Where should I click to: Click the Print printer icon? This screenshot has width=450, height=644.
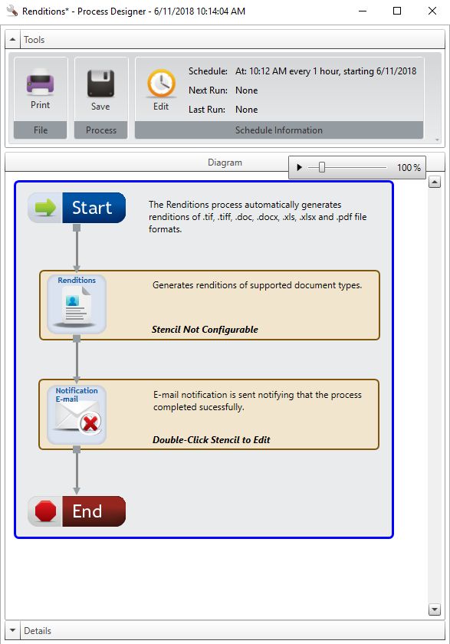pos(40,82)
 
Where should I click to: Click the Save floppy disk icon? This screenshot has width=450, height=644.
pos(100,84)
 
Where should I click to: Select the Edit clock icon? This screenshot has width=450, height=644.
pos(161,84)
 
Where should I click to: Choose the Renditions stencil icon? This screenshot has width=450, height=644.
pos(77,304)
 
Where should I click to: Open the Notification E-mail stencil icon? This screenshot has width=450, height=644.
pos(77,415)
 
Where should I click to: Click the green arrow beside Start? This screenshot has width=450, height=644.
pos(45,208)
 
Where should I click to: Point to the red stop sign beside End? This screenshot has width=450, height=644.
pos(45,511)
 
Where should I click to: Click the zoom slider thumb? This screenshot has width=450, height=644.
pos(322,167)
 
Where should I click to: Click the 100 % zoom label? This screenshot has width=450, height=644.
pos(409,168)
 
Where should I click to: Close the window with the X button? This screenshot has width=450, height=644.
pos(432,11)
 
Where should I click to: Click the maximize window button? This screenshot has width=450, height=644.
pos(397,11)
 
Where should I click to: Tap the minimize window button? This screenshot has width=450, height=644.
pos(362,11)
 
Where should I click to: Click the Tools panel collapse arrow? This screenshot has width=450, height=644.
pos(12,39)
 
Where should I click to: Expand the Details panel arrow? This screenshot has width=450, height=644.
pos(12,630)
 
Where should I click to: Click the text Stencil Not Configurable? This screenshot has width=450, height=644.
pos(205,330)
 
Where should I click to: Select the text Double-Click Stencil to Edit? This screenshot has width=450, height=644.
pos(212,440)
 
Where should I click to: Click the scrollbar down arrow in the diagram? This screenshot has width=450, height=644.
pos(435,609)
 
